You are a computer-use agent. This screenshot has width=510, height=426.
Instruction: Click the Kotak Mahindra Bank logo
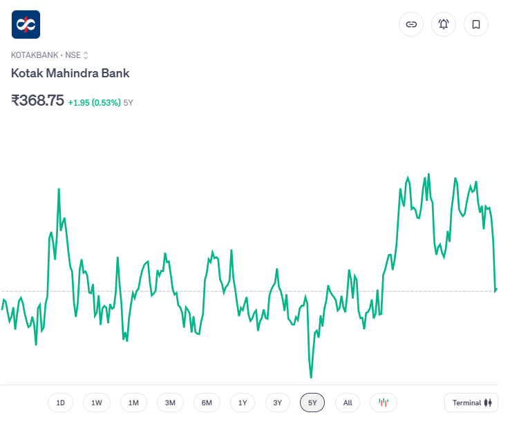click(26, 24)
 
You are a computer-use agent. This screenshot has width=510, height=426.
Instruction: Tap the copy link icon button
click(411, 24)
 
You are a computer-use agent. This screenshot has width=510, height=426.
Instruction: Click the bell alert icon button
click(444, 24)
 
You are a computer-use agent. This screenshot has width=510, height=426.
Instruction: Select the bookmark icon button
click(476, 24)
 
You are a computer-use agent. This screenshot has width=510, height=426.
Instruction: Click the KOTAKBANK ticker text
click(35, 55)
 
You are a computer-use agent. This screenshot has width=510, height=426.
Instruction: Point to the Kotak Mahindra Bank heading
click(70, 73)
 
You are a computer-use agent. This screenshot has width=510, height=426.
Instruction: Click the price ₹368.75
click(38, 100)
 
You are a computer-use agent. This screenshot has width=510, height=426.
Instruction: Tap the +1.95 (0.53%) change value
click(94, 102)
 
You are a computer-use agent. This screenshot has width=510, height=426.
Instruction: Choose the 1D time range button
click(61, 403)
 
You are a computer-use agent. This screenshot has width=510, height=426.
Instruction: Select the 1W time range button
click(97, 403)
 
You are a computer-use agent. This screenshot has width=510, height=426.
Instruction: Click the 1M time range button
click(133, 403)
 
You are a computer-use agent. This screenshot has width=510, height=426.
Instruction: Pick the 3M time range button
click(170, 403)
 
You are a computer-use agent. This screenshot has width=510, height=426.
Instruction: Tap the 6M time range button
click(207, 403)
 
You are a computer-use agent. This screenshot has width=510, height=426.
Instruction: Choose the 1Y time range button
click(243, 403)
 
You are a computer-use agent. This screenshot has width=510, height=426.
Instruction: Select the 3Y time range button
click(278, 403)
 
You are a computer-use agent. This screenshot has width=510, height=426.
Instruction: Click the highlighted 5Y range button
click(312, 403)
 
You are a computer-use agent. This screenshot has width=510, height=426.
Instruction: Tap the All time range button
click(348, 403)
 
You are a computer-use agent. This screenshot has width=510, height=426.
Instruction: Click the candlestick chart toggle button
click(384, 403)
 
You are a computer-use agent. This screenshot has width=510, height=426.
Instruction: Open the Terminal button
click(471, 403)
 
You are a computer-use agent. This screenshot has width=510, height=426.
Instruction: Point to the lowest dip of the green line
click(311, 377)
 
